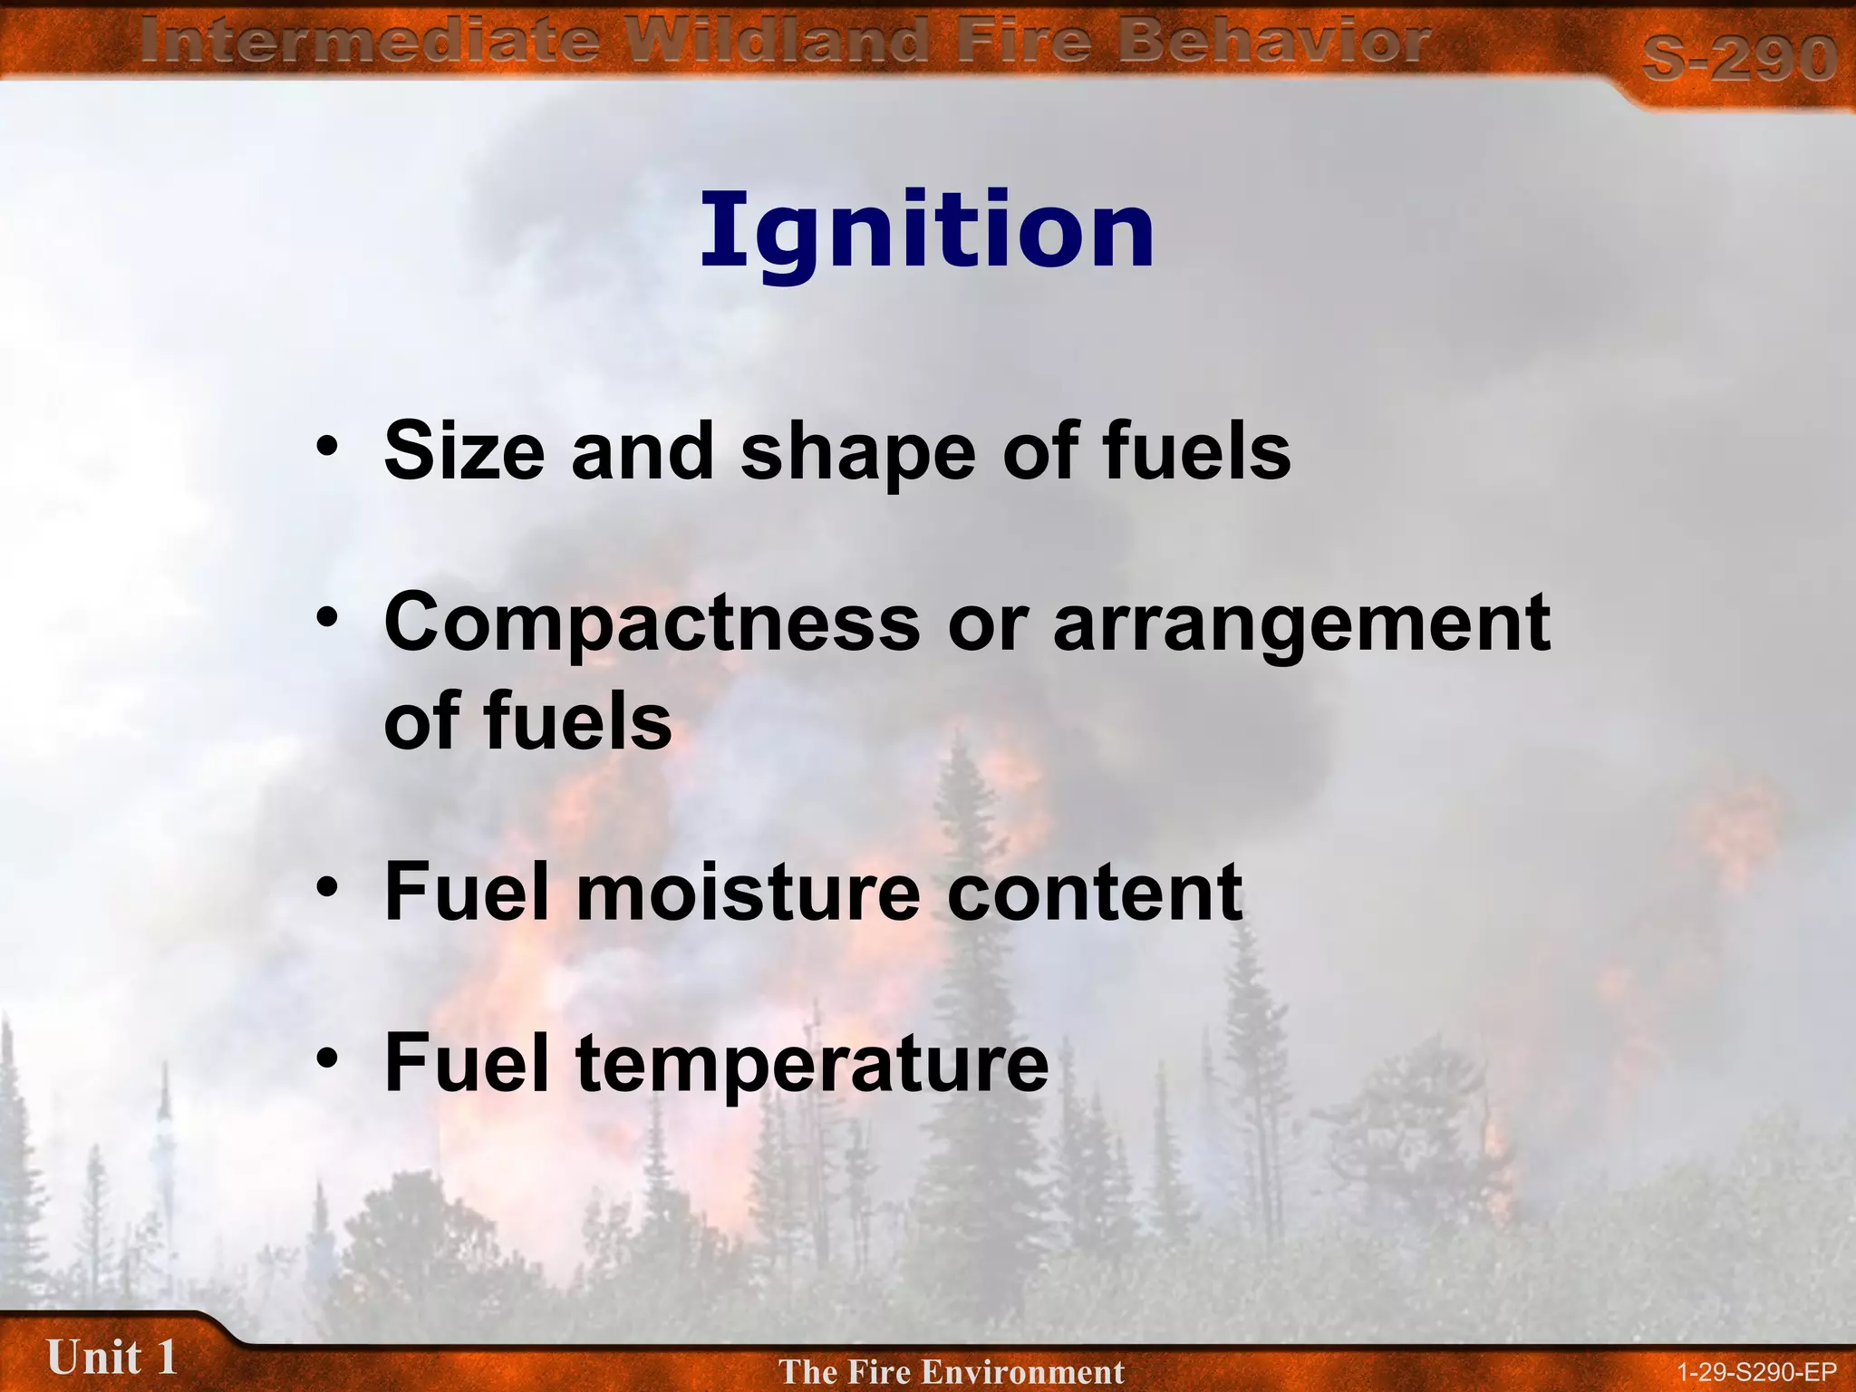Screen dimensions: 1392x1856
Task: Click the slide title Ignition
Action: [926, 232]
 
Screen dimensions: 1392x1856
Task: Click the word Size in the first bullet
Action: [464, 451]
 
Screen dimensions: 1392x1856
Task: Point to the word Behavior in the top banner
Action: [1272, 41]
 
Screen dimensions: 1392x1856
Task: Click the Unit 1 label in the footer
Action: [111, 1358]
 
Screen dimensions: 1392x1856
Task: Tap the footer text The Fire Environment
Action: [951, 1371]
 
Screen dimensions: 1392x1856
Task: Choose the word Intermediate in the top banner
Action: [370, 41]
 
